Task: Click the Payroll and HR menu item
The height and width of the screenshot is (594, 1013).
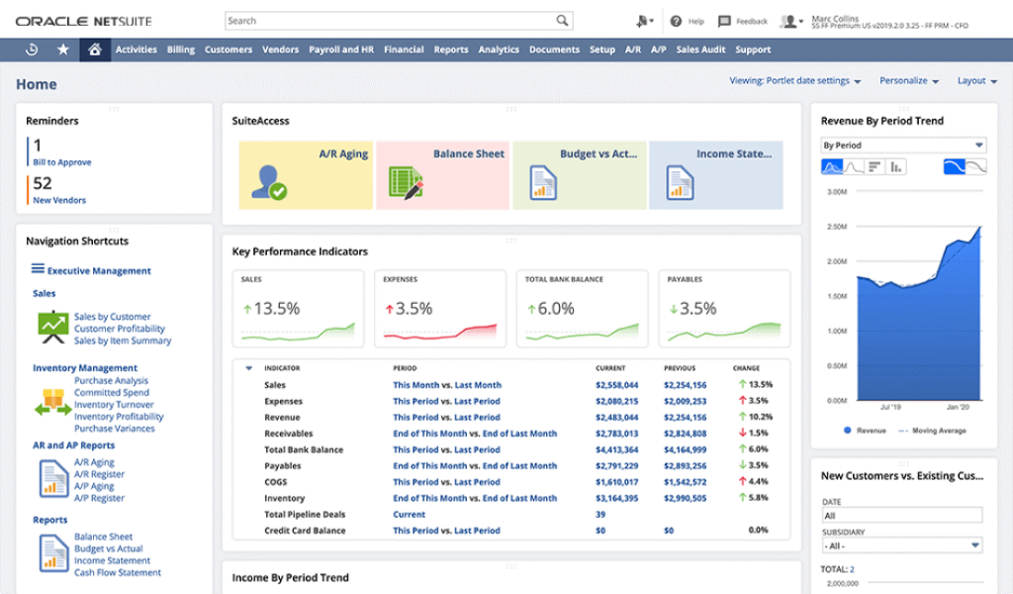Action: click(340, 49)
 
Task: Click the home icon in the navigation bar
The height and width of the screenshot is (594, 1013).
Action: click(94, 49)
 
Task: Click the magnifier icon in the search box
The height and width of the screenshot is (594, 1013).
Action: click(562, 21)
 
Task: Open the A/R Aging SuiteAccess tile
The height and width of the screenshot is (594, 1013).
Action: click(306, 174)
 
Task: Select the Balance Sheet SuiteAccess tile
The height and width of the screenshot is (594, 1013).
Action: click(442, 174)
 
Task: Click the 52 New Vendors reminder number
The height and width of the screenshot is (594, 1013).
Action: click(43, 183)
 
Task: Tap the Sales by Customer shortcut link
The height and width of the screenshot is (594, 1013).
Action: click(112, 317)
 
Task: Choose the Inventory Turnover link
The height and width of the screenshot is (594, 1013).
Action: click(114, 405)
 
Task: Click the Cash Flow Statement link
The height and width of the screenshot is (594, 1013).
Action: click(117, 572)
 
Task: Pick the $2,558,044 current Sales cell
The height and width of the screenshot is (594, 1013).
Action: click(616, 385)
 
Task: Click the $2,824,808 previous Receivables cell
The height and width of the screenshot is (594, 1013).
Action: click(685, 434)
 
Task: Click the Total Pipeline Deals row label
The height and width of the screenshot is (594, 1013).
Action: click(304, 515)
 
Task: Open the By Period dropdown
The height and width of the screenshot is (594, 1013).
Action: click(903, 145)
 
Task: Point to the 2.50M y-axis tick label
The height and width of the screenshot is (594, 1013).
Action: click(836, 227)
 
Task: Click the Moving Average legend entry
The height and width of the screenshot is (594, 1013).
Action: click(937, 431)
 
